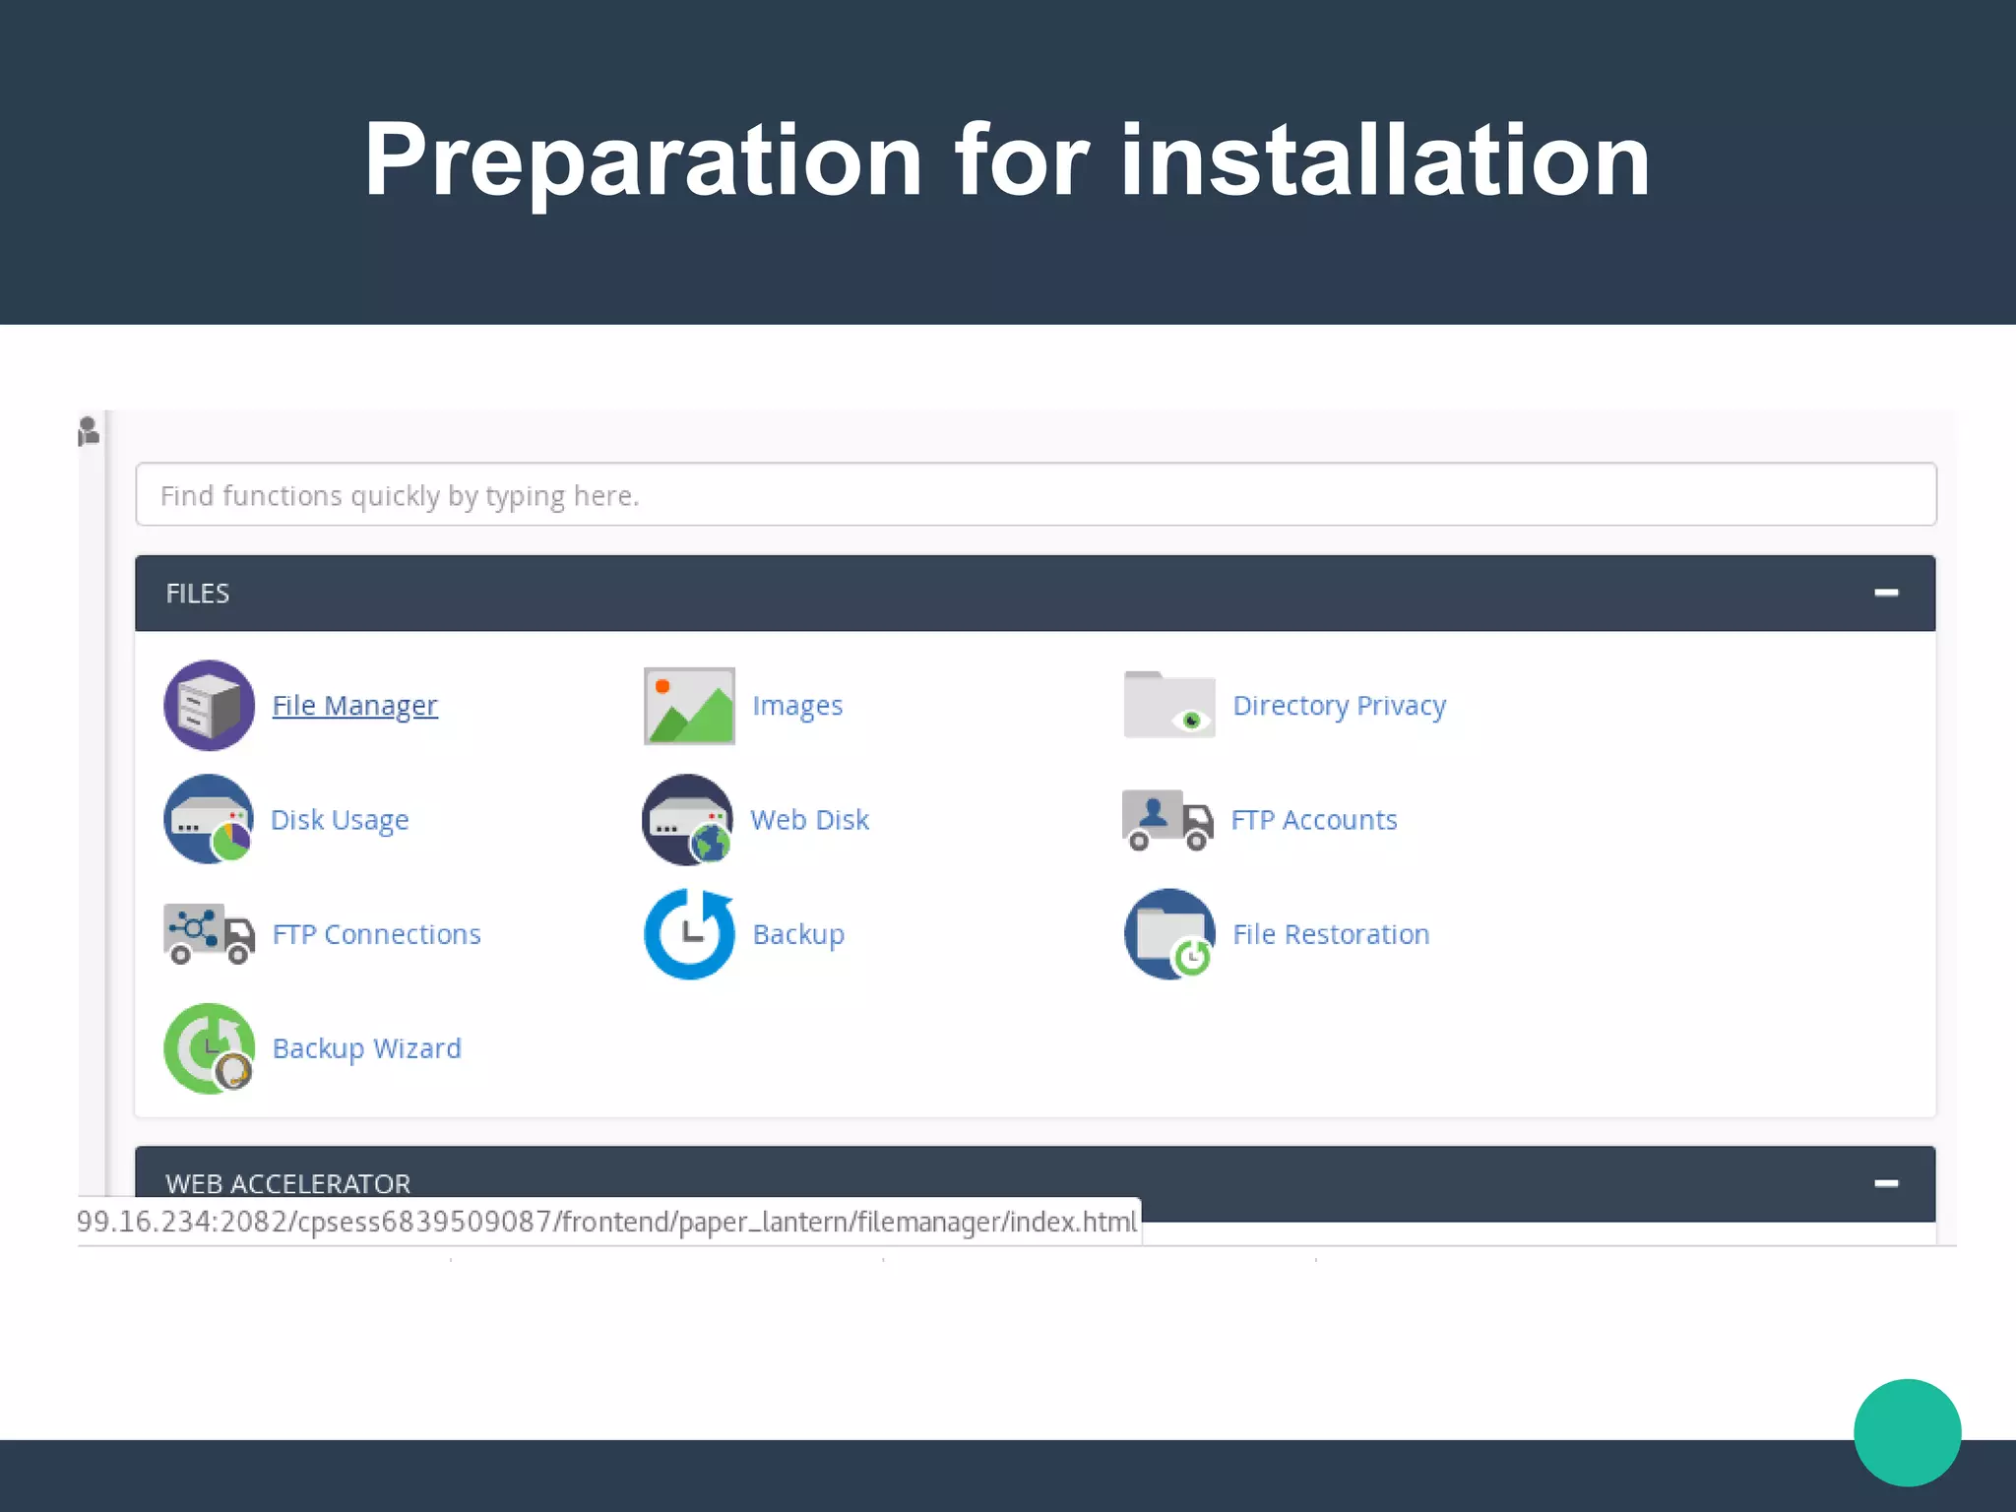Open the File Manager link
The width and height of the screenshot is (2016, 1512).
point(354,706)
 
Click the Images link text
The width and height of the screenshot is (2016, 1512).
point(797,706)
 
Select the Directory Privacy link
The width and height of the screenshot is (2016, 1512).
point(1339,706)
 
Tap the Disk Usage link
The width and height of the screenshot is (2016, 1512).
point(340,820)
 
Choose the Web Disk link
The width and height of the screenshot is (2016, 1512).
point(809,820)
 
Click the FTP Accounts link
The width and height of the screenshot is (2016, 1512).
point(1313,820)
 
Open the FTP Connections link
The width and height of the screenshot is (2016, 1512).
point(376,934)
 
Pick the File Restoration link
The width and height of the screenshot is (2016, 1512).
point(1331,934)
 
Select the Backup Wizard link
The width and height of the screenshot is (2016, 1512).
point(366,1048)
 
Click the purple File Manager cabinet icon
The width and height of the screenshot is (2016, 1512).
point(209,706)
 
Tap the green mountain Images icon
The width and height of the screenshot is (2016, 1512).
point(689,706)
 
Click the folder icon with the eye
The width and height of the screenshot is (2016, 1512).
point(1169,705)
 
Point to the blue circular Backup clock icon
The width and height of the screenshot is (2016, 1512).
point(689,934)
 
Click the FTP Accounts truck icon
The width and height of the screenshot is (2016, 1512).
point(1167,820)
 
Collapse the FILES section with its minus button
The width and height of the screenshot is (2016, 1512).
point(1886,593)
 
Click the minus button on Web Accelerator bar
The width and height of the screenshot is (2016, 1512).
point(1886,1183)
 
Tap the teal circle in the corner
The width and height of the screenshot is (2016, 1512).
point(1907,1432)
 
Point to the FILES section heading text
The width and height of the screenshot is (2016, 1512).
point(198,594)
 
